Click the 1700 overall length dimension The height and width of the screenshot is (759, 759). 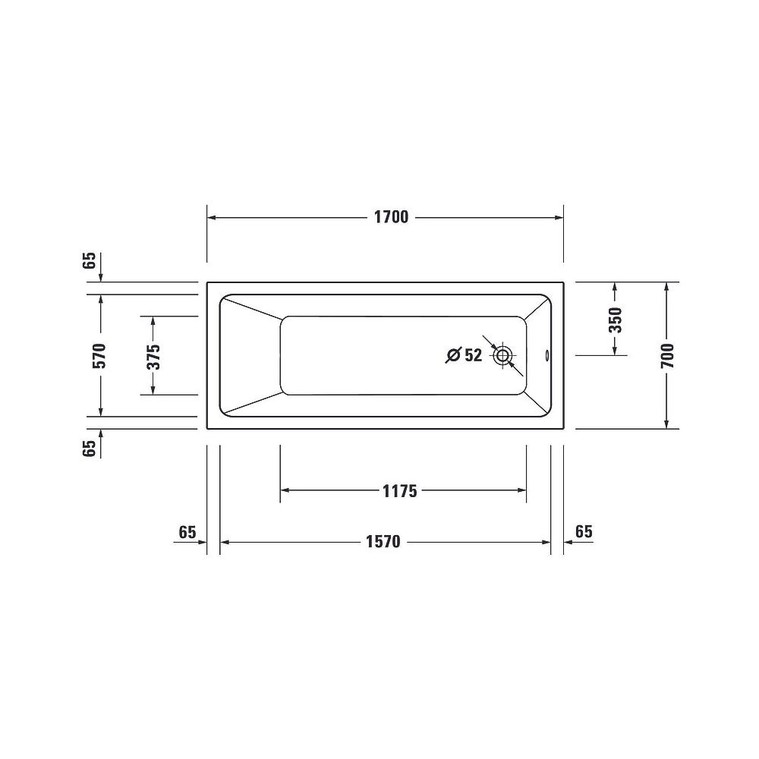tap(391, 217)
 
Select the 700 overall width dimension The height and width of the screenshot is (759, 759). tap(667, 355)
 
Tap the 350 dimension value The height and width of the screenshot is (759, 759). tap(616, 320)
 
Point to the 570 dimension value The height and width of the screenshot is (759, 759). tap(99, 355)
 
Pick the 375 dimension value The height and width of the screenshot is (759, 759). tap(153, 356)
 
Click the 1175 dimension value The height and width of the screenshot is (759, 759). tap(400, 491)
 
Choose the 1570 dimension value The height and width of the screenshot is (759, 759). tap(383, 542)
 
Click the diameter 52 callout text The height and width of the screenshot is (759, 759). tap(464, 355)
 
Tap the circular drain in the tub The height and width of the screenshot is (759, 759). tap(502, 356)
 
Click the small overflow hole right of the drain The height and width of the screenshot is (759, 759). tap(547, 356)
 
